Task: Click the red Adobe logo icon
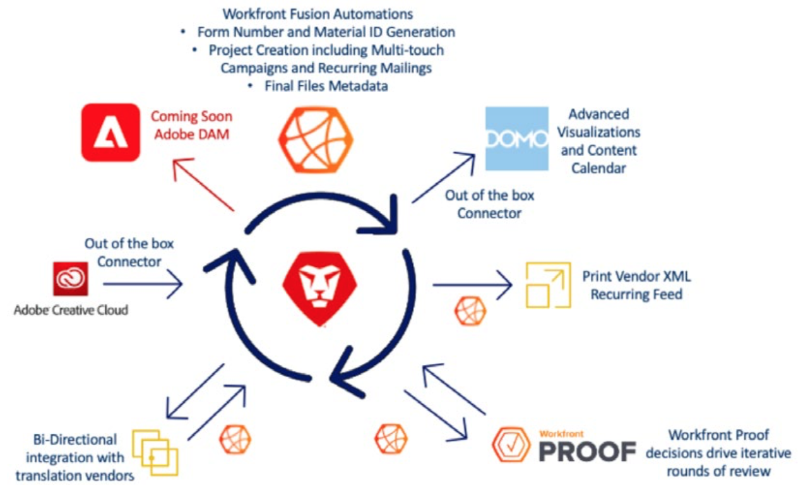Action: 110,133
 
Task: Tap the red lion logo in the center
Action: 319,289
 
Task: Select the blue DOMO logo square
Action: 516,138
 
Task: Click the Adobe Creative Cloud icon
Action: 71,278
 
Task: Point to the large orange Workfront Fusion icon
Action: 316,140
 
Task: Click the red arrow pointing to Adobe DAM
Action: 203,184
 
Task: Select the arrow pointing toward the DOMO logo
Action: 443,177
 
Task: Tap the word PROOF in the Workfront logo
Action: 588,452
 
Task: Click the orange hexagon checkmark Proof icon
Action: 511,445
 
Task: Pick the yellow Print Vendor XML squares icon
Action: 548,285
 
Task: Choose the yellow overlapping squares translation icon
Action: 155,452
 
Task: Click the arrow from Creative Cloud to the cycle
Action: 143,284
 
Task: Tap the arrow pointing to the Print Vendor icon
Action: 472,285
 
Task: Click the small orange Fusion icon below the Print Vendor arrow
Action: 470,311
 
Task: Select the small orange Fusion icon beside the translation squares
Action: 235,440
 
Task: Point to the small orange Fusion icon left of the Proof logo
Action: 391,439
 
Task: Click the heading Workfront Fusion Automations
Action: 318,14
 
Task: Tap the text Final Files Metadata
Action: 326,86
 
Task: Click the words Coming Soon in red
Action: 191,116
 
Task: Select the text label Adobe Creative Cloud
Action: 71,310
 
